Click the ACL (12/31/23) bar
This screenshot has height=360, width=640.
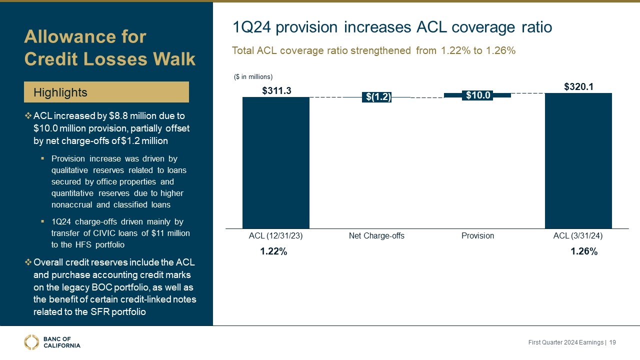[x=276, y=162]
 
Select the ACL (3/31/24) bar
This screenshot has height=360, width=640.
[x=578, y=160]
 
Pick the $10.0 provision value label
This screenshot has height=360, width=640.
[x=477, y=95]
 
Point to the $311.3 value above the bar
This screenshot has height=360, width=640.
[x=276, y=90]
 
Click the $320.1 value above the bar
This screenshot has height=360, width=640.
[x=578, y=86]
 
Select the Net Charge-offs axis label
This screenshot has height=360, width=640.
[x=376, y=236]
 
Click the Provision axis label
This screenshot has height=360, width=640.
[x=477, y=236]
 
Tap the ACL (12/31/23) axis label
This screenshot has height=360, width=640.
[x=275, y=236]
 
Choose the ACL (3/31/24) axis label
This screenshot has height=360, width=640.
[x=578, y=236]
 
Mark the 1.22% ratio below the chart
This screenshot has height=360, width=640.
[x=273, y=252]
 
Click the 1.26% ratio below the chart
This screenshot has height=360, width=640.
[x=584, y=252]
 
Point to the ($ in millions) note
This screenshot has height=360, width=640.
[x=253, y=76]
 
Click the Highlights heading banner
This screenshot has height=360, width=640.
[x=106, y=92]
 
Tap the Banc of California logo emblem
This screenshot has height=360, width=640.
[x=31, y=342]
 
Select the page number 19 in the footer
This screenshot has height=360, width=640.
[x=612, y=342]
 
